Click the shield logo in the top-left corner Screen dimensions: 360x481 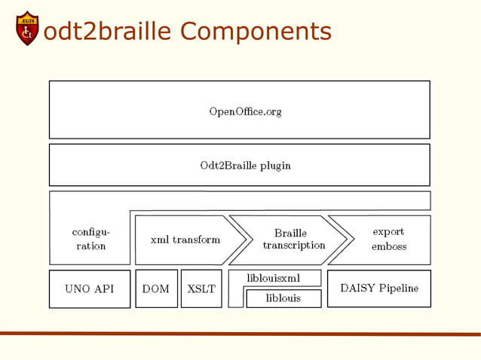pyautogui.click(x=27, y=28)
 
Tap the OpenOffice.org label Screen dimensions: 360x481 pyautogui.click(x=245, y=111)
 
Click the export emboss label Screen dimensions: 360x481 pyautogui.click(x=389, y=239)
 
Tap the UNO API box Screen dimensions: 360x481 pyautogui.click(x=90, y=289)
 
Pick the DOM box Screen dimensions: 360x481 pyautogui.click(x=156, y=289)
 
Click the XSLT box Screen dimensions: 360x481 pyautogui.click(x=201, y=289)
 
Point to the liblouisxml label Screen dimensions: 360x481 pyautogui.click(x=274, y=278)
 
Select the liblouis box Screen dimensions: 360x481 pyautogui.click(x=283, y=298)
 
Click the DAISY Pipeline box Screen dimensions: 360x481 pyautogui.click(x=379, y=288)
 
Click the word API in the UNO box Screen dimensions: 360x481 pyautogui.click(x=105, y=289)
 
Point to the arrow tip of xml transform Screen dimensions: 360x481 pyautogui.click(x=245, y=239)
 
